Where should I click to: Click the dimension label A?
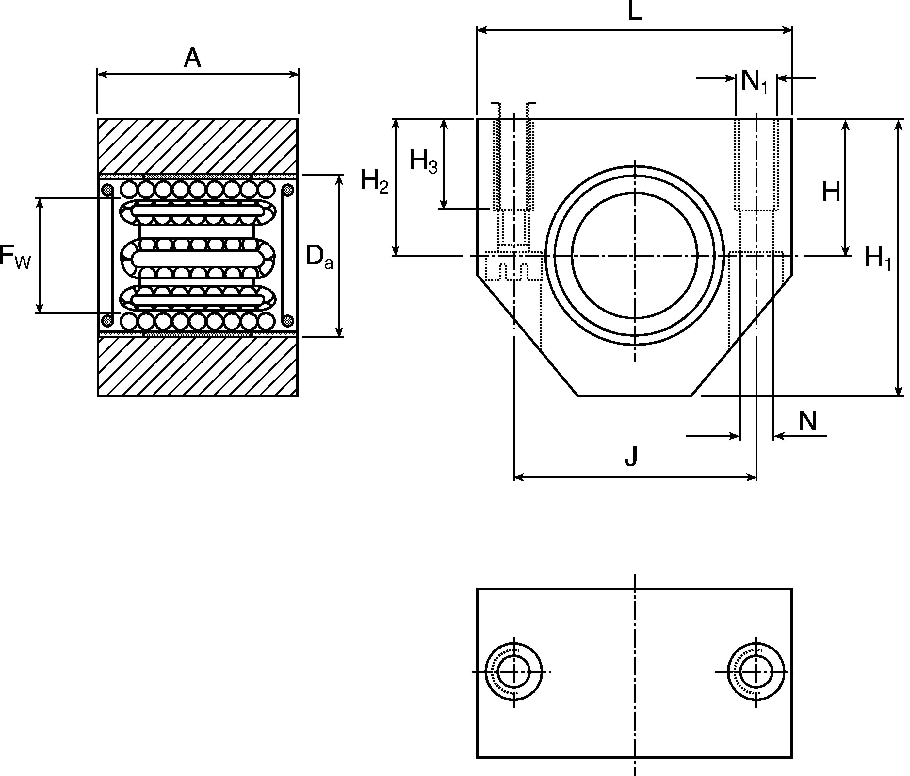click(192, 59)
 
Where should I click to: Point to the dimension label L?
click(635, 11)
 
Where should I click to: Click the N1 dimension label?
click(754, 81)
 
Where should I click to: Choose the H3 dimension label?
click(423, 161)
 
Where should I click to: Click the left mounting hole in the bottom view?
click(513, 672)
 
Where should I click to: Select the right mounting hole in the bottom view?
click(756, 672)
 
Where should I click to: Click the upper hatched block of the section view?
click(198, 146)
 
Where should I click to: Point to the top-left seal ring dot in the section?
click(107, 190)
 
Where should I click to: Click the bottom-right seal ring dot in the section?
click(288, 320)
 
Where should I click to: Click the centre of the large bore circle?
click(635, 255)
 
